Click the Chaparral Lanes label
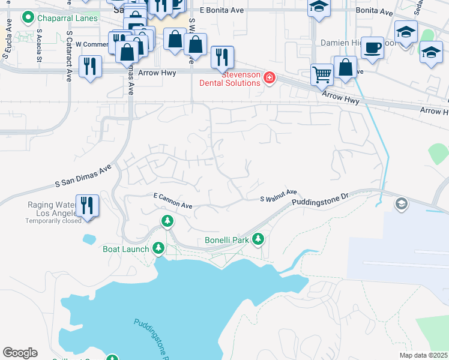click(x=68, y=18)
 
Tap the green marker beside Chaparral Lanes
click(x=28, y=18)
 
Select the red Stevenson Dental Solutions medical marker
click(x=269, y=78)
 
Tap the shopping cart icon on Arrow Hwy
click(x=322, y=74)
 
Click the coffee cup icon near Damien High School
click(x=373, y=47)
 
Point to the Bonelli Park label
click(x=226, y=240)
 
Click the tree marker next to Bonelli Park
click(x=258, y=240)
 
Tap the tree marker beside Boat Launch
click(x=158, y=247)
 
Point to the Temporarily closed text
click(x=53, y=221)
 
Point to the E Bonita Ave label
click(x=221, y=11)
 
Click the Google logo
click(x=20, y=353)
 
